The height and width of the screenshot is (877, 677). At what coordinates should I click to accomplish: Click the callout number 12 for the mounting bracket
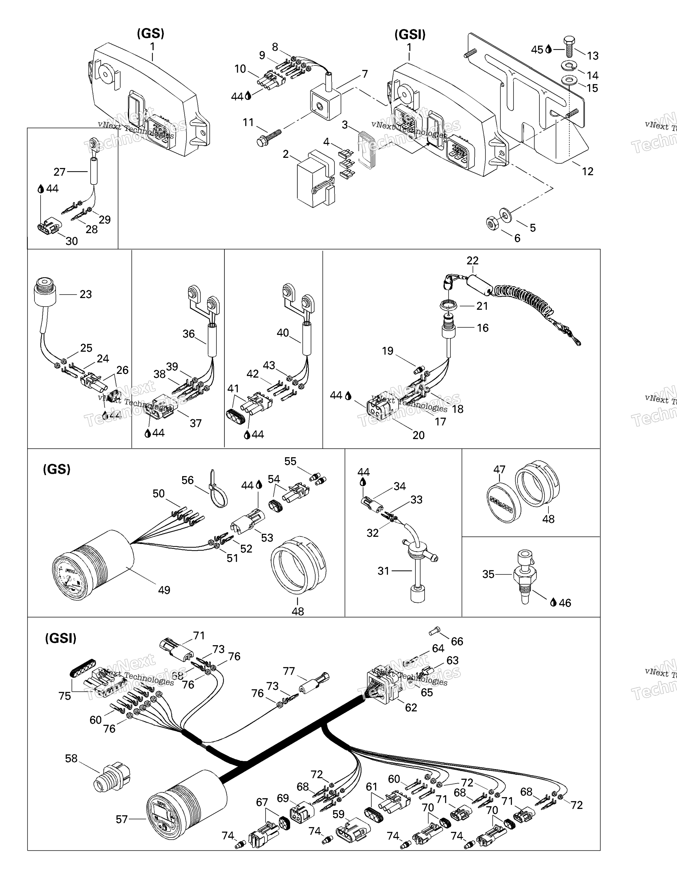[587, 171]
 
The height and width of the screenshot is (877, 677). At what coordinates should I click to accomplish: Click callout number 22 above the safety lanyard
[473, 261]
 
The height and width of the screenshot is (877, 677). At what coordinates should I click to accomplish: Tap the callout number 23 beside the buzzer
[85, 294]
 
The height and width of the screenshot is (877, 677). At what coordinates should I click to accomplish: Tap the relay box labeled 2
[314, 179]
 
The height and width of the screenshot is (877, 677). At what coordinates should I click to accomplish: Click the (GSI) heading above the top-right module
[409, 35]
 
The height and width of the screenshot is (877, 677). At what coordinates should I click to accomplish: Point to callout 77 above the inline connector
[289, 671]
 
